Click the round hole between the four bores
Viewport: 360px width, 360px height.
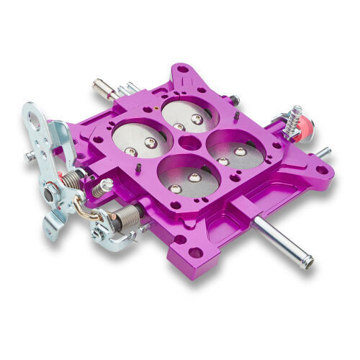[x=188, y=142]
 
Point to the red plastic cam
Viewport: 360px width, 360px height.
[x=305, y=128]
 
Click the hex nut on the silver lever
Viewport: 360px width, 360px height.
[x=50, y=192]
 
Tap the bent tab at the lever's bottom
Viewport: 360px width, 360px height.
[x=52, y=229]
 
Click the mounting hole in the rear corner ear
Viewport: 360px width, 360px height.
[x=181, y=71]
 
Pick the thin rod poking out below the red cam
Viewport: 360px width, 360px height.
[x=324, y=153]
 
